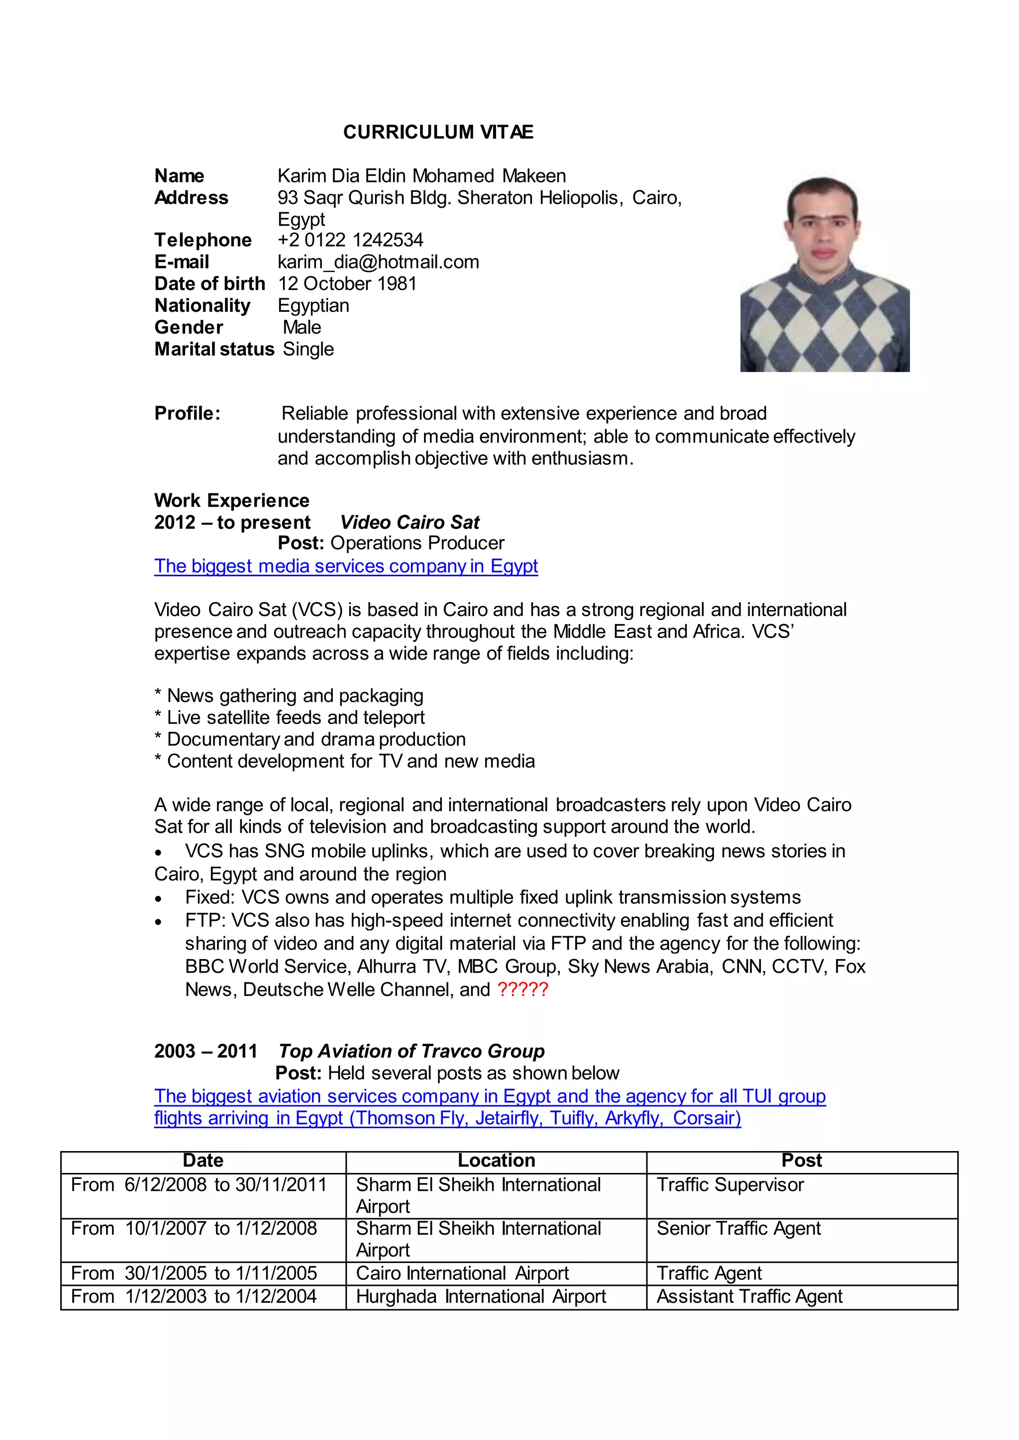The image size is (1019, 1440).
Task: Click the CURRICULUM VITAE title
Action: point(438,132)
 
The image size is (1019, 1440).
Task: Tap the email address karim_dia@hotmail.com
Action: point(378,262)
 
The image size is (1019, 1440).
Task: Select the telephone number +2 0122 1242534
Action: point(350,240)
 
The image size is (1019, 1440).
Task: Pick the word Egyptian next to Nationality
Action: point(313,305)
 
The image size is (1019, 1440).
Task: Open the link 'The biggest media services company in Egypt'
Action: point(346,566)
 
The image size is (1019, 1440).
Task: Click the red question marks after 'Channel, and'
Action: point(522,989)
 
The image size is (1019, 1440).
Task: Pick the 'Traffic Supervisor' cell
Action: point(730,1185)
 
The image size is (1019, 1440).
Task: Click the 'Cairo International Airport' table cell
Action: point(462,1273)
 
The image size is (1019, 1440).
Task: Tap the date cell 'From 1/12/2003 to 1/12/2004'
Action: point(194,1296)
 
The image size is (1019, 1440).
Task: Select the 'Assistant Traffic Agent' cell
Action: point(749,1296)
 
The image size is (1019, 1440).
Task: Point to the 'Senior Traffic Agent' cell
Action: point(738,1228)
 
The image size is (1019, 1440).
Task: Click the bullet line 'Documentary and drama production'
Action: point(310,739)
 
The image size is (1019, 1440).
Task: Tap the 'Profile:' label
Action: point(187,413)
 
